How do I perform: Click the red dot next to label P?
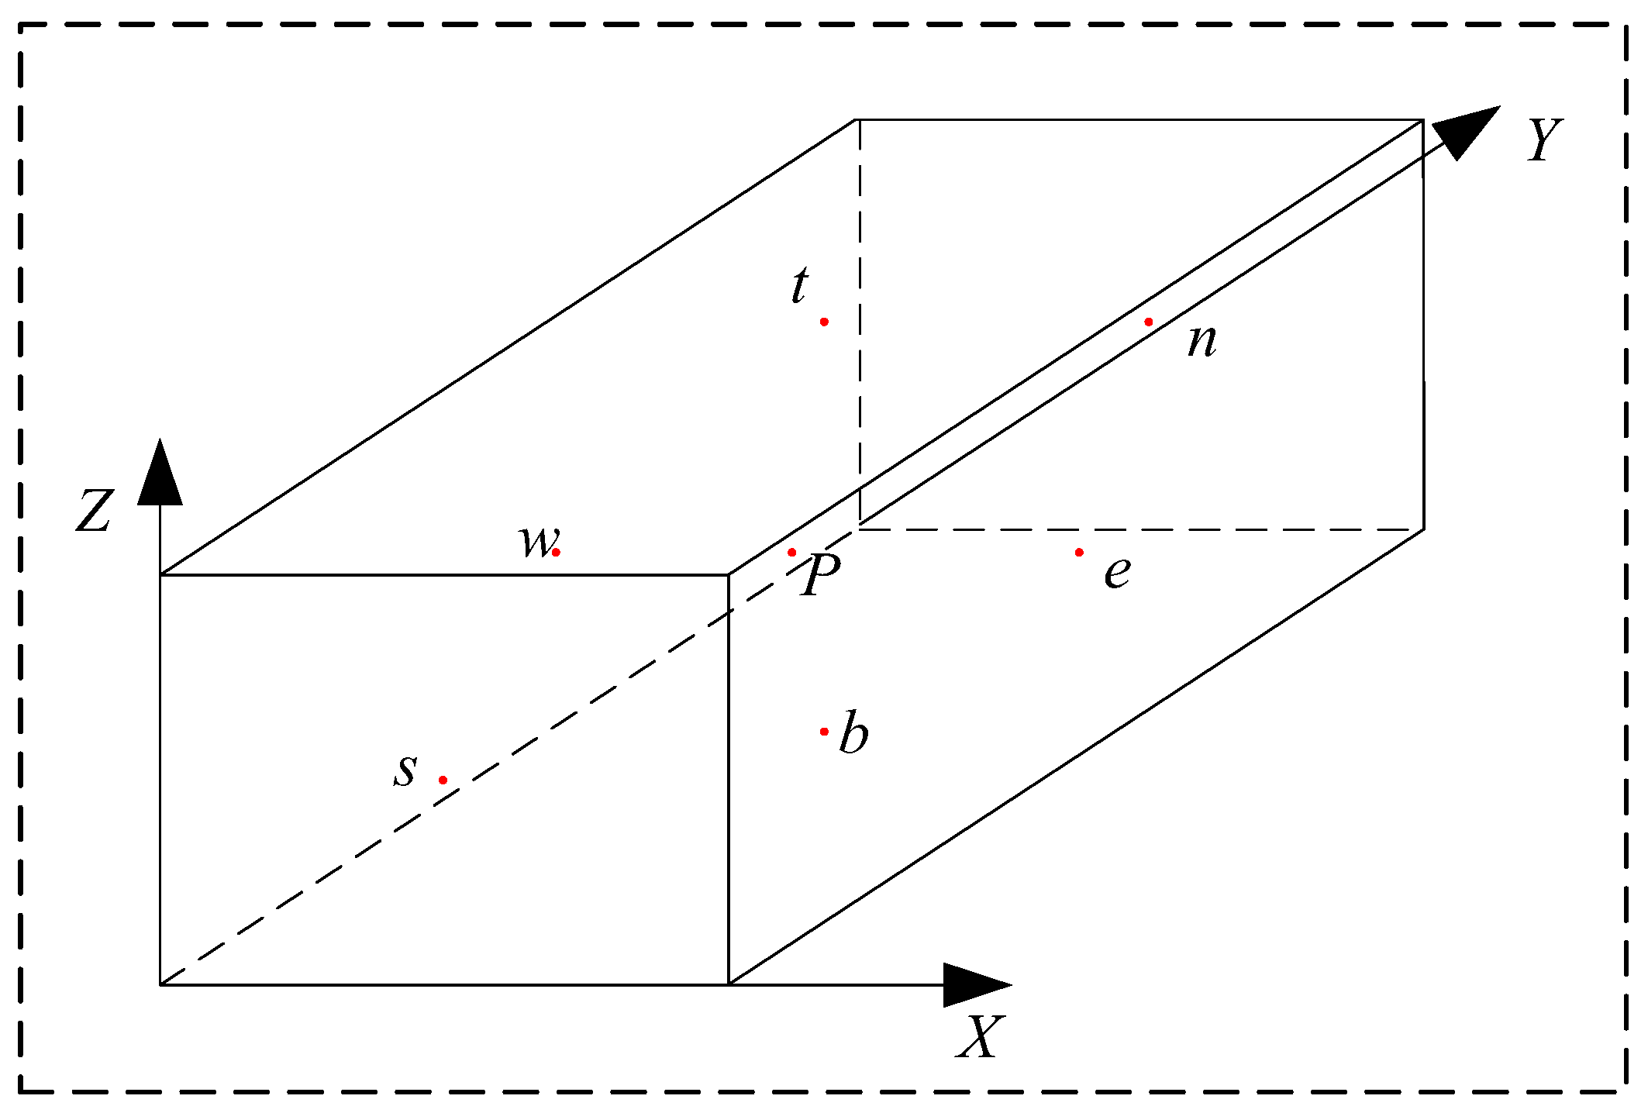point(791,552)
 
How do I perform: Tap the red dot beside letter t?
point(824,322)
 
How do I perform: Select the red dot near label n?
point(1149,322)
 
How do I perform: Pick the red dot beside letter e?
point(1079,552)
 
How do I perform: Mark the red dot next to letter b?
point(824,731)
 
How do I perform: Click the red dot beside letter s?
point(443,780)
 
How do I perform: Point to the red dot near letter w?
point(556,552)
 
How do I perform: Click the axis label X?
point(981,1037)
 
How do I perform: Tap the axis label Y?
point(1544,140)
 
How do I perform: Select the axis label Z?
point(95,512)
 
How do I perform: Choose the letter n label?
point(1202,341)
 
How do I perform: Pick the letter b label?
point(853,732)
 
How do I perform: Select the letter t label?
point(800,285)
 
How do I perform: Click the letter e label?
point(1117,572)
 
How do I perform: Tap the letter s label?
point(405,770)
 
